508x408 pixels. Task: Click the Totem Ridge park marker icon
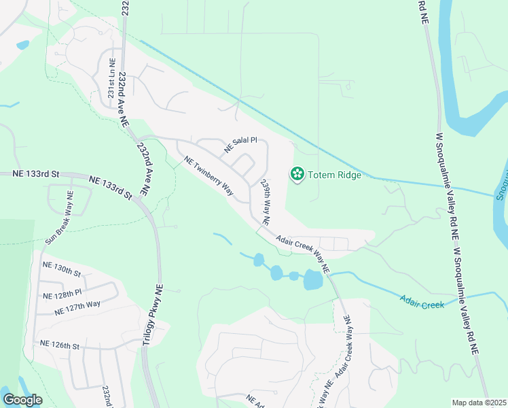point(297,175)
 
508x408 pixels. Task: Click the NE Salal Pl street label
point(241,144)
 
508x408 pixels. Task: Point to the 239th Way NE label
point(265,204)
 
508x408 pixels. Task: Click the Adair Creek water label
point(422,301)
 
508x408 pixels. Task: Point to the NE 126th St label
point(60,345)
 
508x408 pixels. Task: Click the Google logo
point(22,399)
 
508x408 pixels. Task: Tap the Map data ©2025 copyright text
point(479,403)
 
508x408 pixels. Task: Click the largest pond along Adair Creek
point(313,279)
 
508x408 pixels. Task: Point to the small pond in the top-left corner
point(22,46)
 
